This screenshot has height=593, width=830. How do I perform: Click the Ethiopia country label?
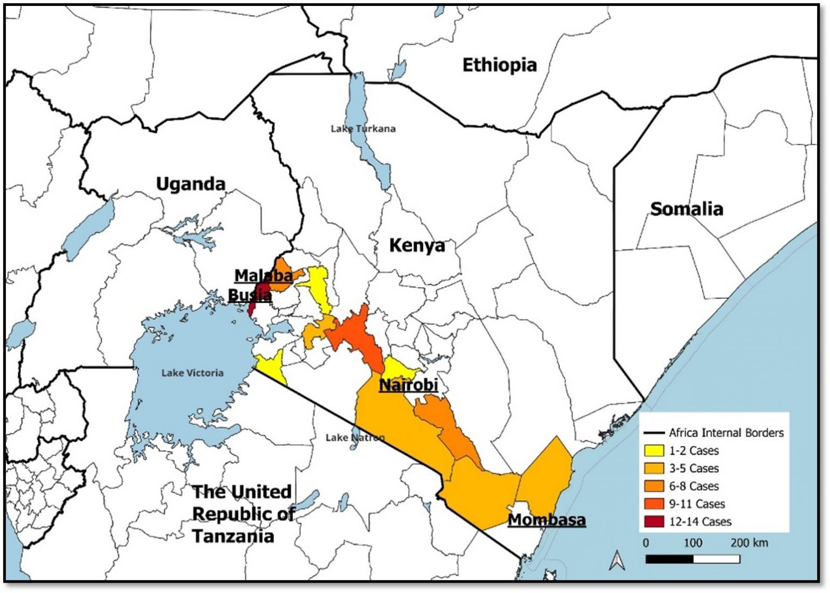[499, 65]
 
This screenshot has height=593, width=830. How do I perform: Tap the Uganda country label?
[190, 184]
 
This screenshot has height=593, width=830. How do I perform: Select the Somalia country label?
[686, 209]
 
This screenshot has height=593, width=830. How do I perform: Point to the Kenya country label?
[417, 245]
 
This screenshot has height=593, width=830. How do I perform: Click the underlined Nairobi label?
[408, 385]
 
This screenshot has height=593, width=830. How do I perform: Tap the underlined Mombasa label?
[547, 520]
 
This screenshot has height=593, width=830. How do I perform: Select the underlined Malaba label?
[263, 276]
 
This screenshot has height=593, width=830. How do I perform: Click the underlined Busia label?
[250, 295]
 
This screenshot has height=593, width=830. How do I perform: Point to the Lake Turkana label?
[363, 129]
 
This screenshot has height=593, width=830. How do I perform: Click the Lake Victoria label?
[192, 373]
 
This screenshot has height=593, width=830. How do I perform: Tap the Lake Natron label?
[355, 437]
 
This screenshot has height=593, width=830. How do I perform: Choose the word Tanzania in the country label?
[233, 536]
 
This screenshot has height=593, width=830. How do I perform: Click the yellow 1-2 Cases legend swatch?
[654, 451]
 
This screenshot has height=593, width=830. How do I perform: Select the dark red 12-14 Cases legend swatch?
[654, 522]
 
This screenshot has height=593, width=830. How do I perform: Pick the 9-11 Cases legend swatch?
[654, 504]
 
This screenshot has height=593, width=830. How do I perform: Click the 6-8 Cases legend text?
[694, 486]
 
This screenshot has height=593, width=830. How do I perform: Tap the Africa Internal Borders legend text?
[726, 433]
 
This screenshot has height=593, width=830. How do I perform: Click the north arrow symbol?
[617, 561]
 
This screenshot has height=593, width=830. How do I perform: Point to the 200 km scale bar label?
[749, 543]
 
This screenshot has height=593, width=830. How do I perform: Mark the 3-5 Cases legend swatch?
[654, 469]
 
